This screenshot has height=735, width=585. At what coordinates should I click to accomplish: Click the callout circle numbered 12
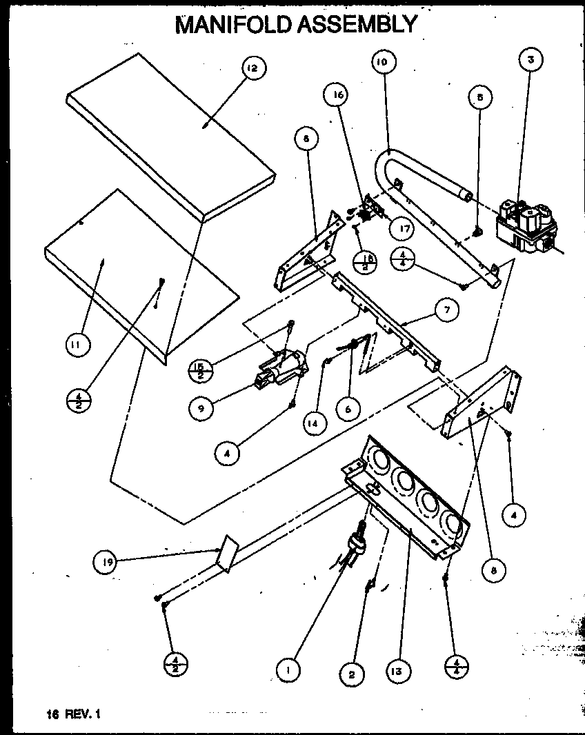point(253,69)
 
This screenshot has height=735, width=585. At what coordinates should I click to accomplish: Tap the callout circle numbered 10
point(382,61)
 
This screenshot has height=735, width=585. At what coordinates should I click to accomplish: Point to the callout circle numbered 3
point(531,60)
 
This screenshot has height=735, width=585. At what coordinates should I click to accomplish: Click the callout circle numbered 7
point(446,310)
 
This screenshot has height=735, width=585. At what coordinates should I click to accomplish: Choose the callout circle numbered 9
point(201,408)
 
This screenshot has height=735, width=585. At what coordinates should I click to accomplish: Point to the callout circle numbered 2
point(352,675)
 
